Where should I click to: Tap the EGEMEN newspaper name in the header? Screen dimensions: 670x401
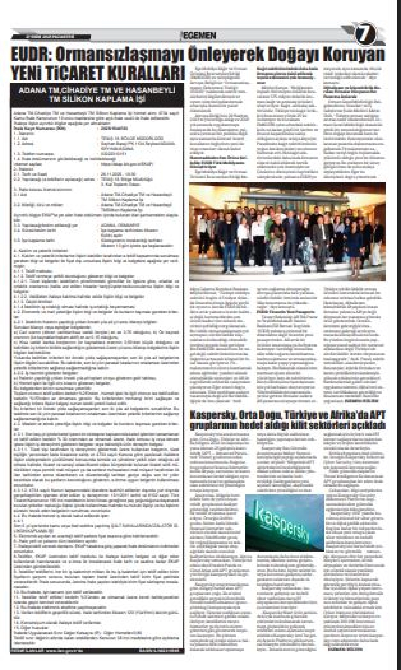click(x=199, y=35)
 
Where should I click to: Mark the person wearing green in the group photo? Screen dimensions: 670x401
click(x=278, y=238)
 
